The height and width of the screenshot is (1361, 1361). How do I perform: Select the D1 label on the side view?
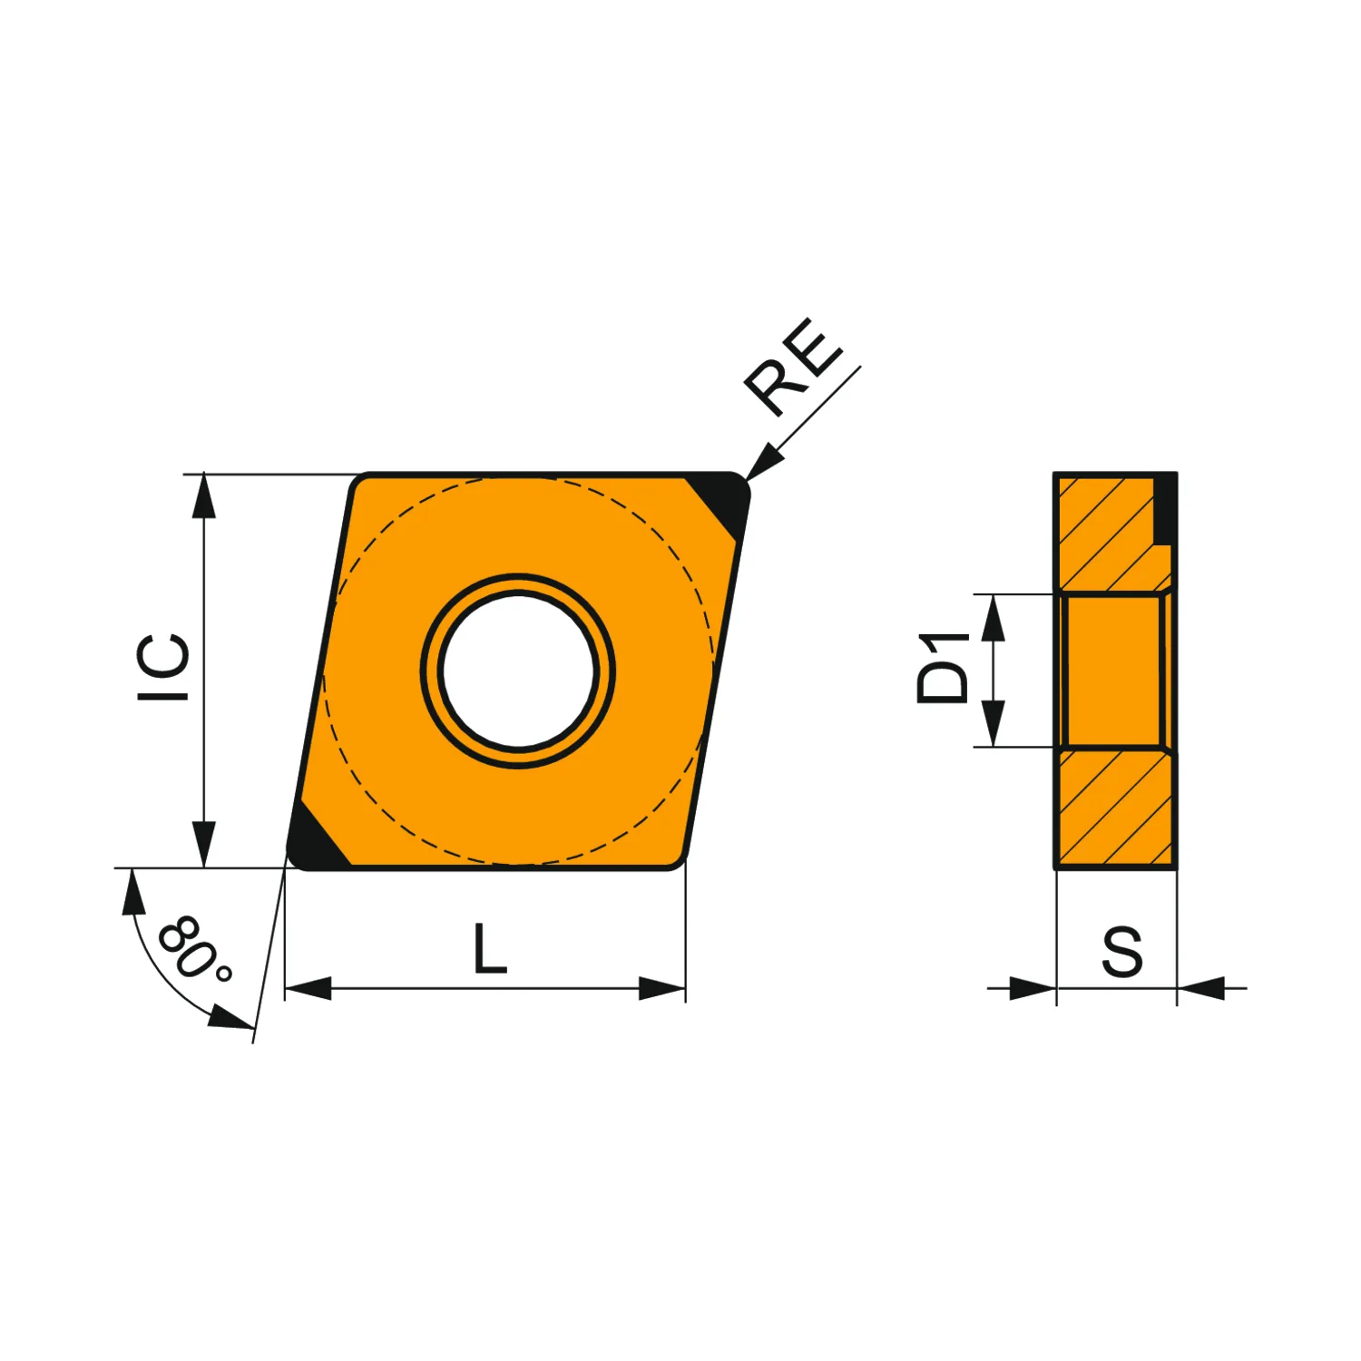pyautogui.click(x=943, y=669)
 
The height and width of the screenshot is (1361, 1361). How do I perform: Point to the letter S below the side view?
pyautogui.click(x=1122, y=952)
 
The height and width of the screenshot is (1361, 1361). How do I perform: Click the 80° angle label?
pyautogui.click(x=194, y=949)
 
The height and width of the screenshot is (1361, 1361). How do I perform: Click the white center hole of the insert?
pyautogui.click(x=518, y=671)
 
